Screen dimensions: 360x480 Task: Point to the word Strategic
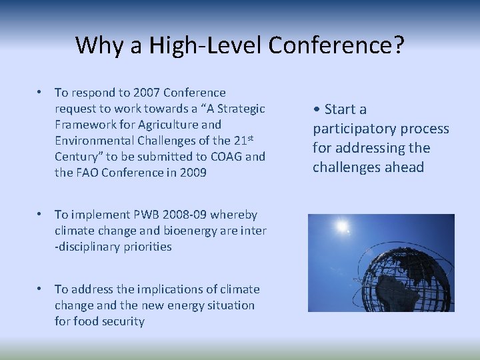[242, 109]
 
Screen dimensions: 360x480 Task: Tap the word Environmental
[95, 141]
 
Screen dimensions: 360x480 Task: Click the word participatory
[353, 129]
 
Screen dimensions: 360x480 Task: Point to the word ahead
[403, 167]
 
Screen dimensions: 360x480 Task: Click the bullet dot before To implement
[41, 215]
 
